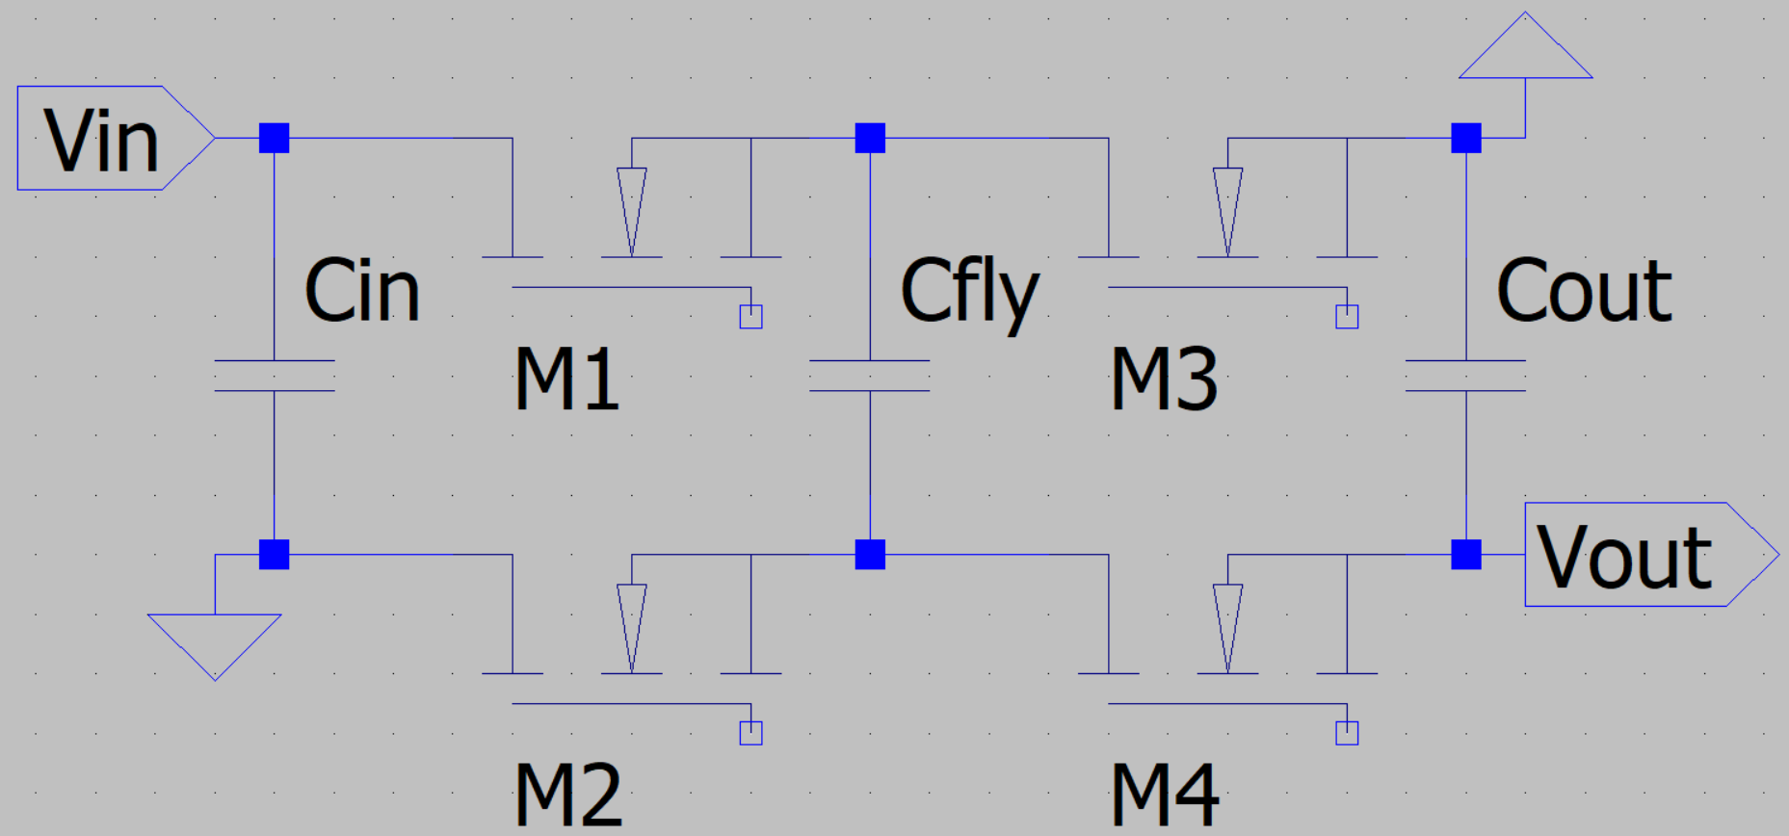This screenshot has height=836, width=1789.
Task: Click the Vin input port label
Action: [x=101, y=141]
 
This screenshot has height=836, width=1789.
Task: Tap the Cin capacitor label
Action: [x=362, y=290]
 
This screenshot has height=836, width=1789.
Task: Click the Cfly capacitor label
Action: [x=970, y=293]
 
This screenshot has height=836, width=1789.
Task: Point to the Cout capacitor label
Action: [x=1585, y=290]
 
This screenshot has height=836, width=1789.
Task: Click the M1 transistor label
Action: [x=566, y=379]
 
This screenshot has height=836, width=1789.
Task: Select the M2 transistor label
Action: [x=568, y=795]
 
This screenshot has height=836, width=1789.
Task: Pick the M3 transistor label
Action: [x=1164, y=379]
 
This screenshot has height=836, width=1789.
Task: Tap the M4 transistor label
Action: [x=1166, y=795]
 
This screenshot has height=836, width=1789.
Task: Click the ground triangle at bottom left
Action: [x=215, y=646]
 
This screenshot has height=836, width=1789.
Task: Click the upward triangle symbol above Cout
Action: [x=1525, y=46]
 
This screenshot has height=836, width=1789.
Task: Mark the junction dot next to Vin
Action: [x=275, y=138]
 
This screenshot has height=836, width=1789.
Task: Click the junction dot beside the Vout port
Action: [x=1466, y=555]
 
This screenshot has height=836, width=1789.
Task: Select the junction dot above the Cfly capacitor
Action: [x=870, y=138]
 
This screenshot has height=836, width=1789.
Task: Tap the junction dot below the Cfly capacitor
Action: [x=870, y=555]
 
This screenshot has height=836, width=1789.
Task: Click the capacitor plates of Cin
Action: [x=275, y=376]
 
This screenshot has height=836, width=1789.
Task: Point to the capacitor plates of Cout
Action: [x=1466, y=376]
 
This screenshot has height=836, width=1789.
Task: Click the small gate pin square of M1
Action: [x=751, y=317]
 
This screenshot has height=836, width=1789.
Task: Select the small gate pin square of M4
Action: [x=1347, y=733]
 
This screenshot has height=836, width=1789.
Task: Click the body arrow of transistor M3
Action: [x=1227, y=212]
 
